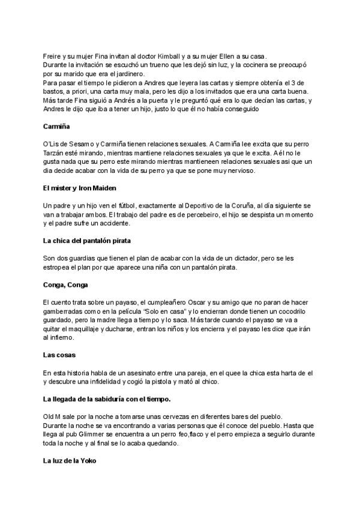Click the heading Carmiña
click(x=58, y=127)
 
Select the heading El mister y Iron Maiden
click(x=80, y=188)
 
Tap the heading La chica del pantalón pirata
click(x=87, y=241)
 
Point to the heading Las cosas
click(x=59, y=355)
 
